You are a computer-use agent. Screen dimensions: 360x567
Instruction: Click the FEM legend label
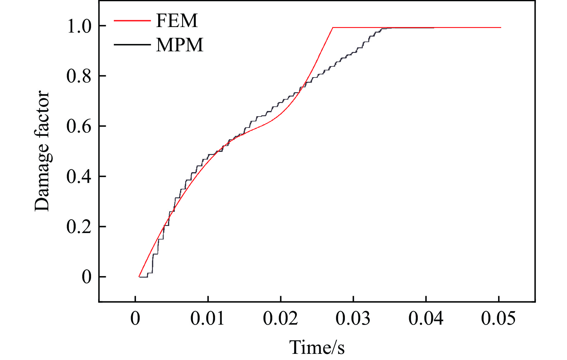click(x=177, y=21)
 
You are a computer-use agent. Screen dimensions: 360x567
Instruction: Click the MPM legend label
click(x=180, y=45)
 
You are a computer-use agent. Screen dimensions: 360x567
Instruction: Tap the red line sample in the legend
click(x=132, y=21)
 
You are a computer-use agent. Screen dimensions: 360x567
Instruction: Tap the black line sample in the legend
click(x=132, y=45)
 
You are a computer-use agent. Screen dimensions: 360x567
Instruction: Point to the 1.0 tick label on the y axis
click(x=79, y=26)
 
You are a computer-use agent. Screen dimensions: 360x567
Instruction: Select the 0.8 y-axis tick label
click(x=79, y=76)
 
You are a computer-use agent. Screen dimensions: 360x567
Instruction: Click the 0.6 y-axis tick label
click(x=79, y=126)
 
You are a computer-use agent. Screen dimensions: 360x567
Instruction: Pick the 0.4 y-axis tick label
click(x=79, y=176)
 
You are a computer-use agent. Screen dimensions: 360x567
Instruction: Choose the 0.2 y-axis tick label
click(x=79, y=227)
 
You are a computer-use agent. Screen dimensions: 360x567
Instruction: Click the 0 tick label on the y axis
click(x=86, y=277)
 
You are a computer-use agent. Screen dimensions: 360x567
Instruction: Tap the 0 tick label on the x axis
click(x=135, y=318)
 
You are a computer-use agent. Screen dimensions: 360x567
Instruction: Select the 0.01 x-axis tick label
click(x=208, y=318)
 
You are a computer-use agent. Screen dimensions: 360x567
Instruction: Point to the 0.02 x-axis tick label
click(x=280, y=318)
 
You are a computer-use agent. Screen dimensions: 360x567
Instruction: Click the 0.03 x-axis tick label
click(x=353, y=318)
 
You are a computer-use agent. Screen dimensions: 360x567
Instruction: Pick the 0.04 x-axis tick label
click(x=426, y=318)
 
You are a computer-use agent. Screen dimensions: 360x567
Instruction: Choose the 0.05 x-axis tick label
click(x=498, y=318)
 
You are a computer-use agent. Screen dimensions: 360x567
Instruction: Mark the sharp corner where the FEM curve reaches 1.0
click(x=333, y=28)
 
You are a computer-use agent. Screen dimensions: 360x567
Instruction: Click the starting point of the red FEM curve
click(x=139, y=277)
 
